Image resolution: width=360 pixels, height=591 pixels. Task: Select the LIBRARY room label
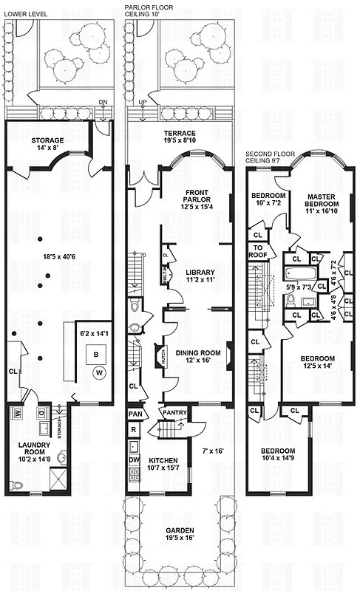click(189, 276)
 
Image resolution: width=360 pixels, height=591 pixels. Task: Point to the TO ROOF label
click(259, 252)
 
